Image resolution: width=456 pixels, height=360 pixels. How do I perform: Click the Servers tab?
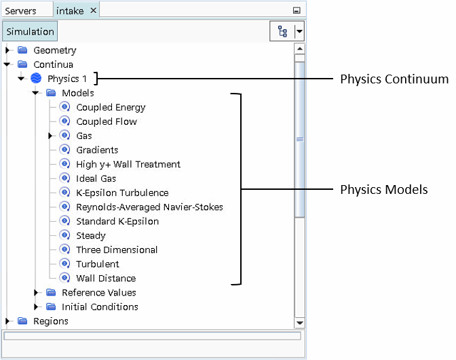point(21,11)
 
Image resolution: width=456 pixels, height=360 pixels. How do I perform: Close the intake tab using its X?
point(94,10)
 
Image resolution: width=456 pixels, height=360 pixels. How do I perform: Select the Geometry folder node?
point(54,50)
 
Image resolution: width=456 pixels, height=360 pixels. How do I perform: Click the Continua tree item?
point(53,64)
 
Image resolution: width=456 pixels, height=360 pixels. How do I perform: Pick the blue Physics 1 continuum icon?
point(37,79)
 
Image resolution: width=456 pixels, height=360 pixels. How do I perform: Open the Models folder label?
point(77,93)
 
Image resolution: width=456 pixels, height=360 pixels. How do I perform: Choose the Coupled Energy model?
point(111,107)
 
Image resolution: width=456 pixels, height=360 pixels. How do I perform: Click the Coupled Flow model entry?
point(107,121)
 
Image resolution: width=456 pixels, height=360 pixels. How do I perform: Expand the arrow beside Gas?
point(51,136)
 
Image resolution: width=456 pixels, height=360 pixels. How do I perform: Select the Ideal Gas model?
point(96,178)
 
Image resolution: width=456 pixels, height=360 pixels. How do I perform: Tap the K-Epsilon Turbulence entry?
point(122,193)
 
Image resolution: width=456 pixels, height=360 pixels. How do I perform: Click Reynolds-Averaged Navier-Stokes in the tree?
point(149,207)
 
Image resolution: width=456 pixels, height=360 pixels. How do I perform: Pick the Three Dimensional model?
point(117,249)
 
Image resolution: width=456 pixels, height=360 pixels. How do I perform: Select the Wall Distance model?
point(106,278)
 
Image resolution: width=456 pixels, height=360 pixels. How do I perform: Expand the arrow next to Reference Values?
point(37,293)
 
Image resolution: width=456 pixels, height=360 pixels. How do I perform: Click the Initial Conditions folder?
point(100,306)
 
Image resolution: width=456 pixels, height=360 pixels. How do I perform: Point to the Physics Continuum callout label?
point(394,79)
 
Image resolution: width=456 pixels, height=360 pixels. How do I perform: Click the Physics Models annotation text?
point(383,190)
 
